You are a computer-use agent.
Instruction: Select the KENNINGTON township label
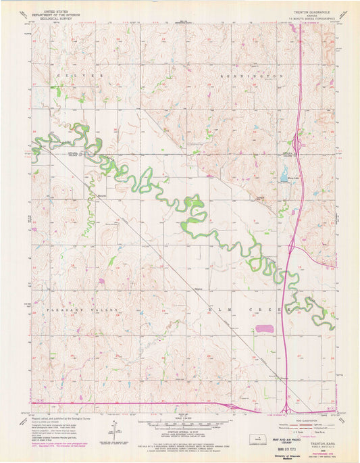coord(250,77)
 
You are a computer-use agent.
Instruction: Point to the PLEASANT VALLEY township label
coord(88,309)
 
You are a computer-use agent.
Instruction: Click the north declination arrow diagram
coord(113,430)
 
